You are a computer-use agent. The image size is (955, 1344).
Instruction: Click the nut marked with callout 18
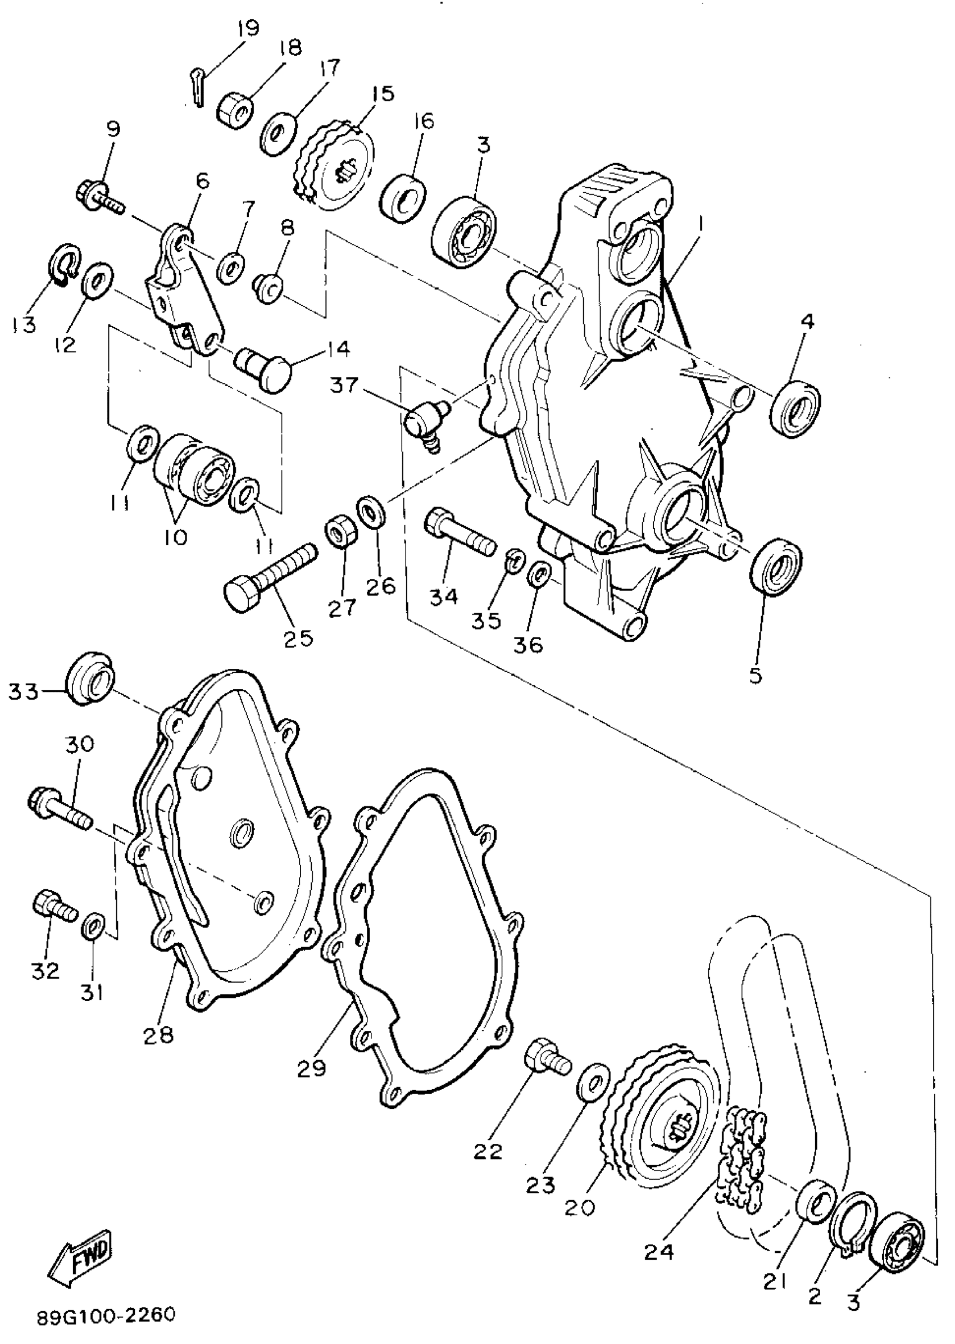pos(237,110)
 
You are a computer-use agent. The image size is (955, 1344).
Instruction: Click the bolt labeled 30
pos(60,807)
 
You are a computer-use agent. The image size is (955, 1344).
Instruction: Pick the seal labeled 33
pos(91,677)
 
